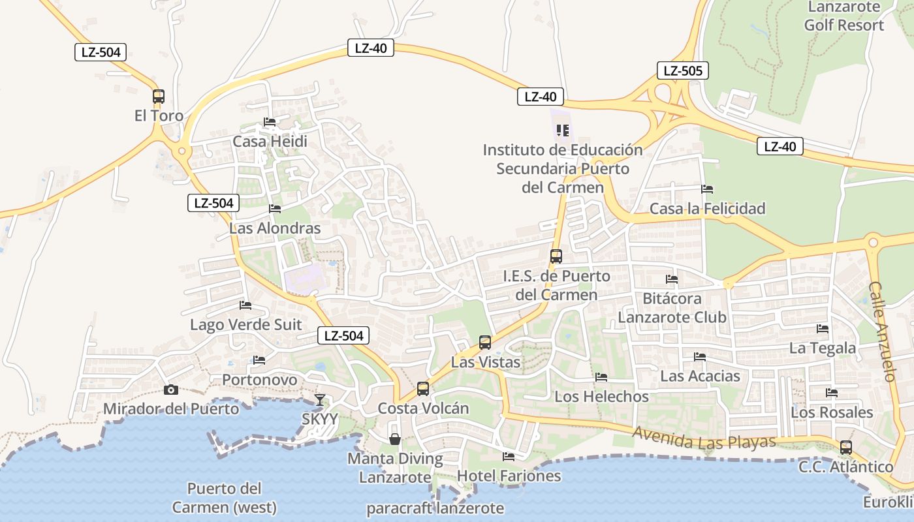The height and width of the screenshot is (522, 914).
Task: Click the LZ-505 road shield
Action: point(682,70)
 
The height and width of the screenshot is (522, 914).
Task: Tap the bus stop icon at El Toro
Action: point(159,97)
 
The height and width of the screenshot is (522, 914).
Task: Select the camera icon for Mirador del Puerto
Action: point(171,390)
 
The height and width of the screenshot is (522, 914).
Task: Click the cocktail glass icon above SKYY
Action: point(319,399)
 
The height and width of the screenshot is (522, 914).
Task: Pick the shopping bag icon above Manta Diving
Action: point(395,439)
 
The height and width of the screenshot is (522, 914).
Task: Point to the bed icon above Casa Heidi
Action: point(270,122)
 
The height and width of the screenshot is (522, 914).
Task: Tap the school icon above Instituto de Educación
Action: point(563,130)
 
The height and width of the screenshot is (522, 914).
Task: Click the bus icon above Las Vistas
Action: point(485,342)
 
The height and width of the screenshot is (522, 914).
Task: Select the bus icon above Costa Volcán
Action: point(423,389)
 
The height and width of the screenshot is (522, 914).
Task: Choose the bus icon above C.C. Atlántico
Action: point(846,448)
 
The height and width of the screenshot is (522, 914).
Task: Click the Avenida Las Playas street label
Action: point(704,438)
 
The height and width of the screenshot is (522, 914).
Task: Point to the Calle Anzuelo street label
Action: point(882,331)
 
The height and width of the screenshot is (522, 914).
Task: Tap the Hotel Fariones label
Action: point(509,476)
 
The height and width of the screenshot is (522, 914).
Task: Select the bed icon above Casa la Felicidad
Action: point(707,189)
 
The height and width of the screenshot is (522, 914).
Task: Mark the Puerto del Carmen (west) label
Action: point(224,498)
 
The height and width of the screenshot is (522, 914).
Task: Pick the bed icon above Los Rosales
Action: point(832,393)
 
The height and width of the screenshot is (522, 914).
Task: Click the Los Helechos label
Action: point(601,396)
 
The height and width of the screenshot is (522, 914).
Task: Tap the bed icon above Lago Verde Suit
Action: point(245,305)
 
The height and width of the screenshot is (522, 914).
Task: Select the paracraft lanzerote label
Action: point(435,508)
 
